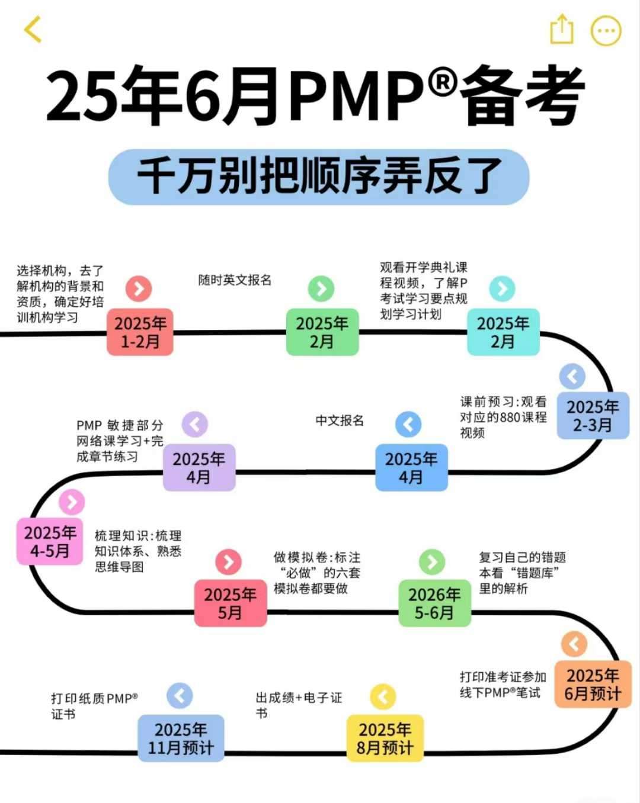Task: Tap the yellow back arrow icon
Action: (33, 30)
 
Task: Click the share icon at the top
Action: (561, 30)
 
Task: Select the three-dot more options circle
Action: (606, 31)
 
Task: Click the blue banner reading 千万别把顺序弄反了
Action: (319, 176)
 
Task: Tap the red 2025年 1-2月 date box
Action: (140, 332)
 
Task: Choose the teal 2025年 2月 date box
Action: (503, 332)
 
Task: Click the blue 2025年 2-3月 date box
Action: (593, 416)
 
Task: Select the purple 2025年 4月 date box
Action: (199, 468)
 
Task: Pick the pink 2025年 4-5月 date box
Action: (50, 541)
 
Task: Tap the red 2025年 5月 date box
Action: (231, 603)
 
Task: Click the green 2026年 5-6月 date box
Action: (434, 603)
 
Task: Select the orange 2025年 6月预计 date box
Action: (593, 685)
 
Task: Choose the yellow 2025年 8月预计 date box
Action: (385, 738)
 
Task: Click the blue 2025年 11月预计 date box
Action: (181, 738)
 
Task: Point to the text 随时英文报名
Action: (235, 280)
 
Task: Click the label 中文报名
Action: (340, 420)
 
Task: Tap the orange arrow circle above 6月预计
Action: (574, 644)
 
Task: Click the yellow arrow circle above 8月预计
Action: (383, 696)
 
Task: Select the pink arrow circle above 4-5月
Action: (72, 502)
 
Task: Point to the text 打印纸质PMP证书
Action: (94, 706)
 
